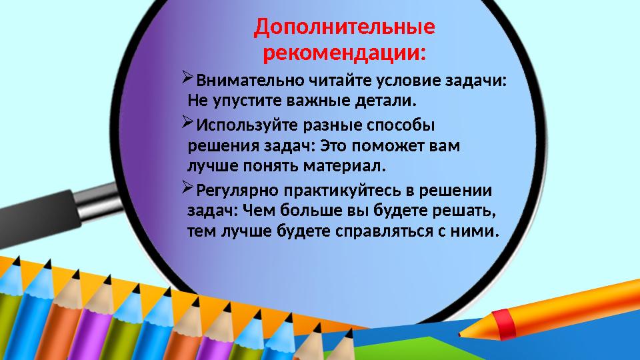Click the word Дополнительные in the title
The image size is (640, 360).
[345, 28]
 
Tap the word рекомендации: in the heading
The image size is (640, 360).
[345, 52]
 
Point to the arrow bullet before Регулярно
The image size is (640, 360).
[187, 189]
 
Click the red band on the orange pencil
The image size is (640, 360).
[505, 323]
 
